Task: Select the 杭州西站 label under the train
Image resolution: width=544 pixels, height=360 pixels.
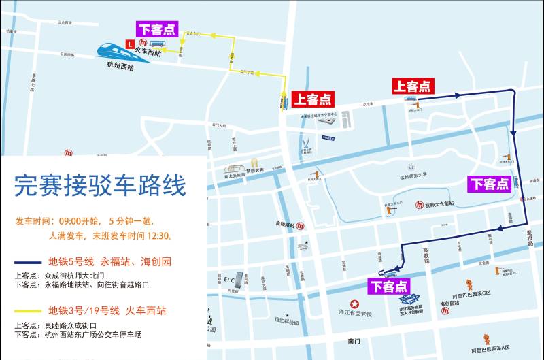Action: tap(120, 67)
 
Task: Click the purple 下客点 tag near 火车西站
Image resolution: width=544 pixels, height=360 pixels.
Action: tap(157, 29)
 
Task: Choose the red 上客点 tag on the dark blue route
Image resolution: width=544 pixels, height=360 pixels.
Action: tap(412, 86)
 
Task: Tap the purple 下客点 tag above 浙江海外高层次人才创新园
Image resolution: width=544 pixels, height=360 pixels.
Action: tap(388, 287)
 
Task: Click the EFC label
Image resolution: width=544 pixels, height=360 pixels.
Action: tap(229, 279)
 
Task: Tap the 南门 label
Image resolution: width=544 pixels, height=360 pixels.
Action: tap(352, 340)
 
